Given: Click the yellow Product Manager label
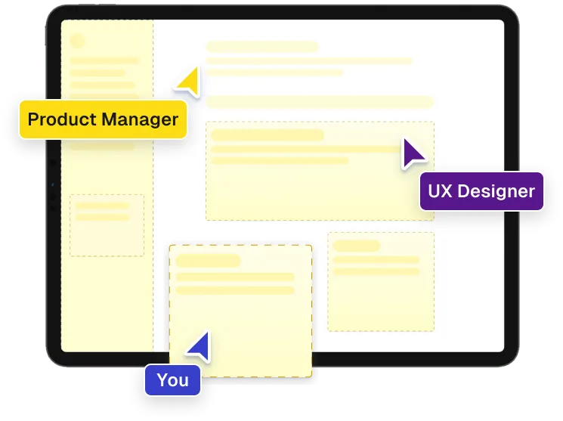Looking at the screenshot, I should coord(103,119).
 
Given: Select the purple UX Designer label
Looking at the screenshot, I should coord(481,191).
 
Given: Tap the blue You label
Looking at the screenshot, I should coord(173,379).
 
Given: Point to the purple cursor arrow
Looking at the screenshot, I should coord(413,153).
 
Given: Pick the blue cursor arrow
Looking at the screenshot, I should coord(200,346).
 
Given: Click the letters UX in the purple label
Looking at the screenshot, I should coord(439,191).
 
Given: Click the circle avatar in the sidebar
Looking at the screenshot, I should coord(77,42).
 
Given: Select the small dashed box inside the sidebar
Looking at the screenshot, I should coord(107,224).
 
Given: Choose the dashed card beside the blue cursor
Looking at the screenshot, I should coord(240,310).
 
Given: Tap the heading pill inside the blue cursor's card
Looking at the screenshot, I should coord(208,261).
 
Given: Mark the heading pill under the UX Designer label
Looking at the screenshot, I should coord(356,246).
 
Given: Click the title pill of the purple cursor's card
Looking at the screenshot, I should coord(267,135).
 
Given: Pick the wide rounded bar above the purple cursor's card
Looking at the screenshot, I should coord(320,102).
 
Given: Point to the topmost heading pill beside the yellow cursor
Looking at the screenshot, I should coord(262,47).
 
